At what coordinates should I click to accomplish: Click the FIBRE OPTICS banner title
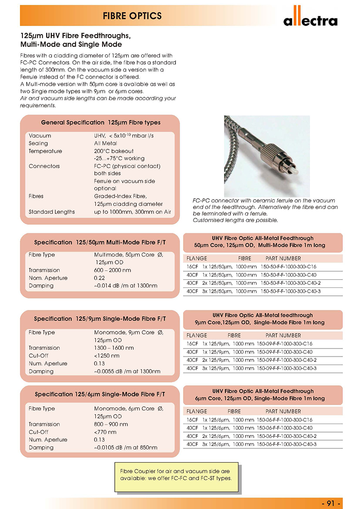[132, 16]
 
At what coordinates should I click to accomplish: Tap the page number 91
[333, 503]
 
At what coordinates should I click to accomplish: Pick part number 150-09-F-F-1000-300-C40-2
[287, 360]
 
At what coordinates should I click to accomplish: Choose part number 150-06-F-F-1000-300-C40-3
[287, 444]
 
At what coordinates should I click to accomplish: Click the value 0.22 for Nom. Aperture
[100, 278]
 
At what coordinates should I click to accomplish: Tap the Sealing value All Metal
[105, 143]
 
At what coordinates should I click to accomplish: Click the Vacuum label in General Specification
[40, 136]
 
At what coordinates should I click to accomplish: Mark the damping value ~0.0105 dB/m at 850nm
[126, 447]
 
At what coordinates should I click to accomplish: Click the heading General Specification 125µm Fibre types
[101, 122]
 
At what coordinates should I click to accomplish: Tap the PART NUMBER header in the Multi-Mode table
[283, 259]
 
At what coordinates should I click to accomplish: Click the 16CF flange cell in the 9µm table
[192, 344]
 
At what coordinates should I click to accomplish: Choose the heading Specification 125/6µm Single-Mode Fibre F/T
[100, 394]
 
